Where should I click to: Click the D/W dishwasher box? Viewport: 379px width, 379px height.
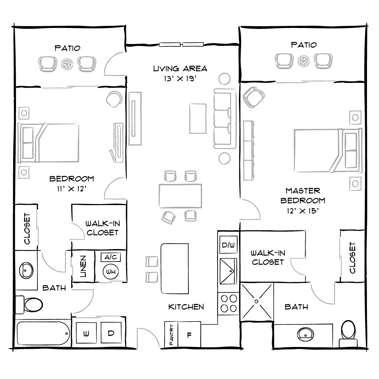(x=228, y=245)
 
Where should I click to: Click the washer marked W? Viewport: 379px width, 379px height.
(x=86, y=333)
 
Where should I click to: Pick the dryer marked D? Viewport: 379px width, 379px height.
(x=111, y=333)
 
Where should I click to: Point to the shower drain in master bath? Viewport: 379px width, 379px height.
(x=257, y=302)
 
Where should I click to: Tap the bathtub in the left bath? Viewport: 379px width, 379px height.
(x=43, y=334)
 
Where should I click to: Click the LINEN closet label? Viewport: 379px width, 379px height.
(x=83, y=266)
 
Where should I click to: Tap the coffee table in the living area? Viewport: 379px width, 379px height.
(x=198, y=118)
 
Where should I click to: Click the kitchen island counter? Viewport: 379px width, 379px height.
(x=175, y=268)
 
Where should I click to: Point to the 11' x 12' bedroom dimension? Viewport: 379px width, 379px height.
(x=71, y=188)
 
